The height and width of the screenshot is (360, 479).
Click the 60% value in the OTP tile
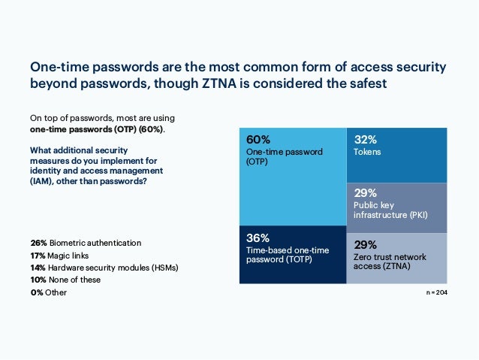point(258,140)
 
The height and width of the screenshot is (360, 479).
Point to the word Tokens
point(367,152)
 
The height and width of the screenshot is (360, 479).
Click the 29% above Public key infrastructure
point(365,192)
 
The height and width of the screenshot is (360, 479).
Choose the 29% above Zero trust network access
point(365,245)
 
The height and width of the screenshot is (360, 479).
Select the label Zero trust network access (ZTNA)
point(389,262)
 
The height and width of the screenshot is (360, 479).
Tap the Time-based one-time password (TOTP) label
point(285,255)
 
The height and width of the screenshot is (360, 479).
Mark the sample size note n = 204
point(435,291)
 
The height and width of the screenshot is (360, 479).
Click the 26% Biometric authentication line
point(86,243)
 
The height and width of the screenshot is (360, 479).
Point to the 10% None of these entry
point(65,280)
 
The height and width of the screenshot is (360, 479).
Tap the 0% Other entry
point(48,292)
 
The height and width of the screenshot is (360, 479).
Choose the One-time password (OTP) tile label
point(284,156)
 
